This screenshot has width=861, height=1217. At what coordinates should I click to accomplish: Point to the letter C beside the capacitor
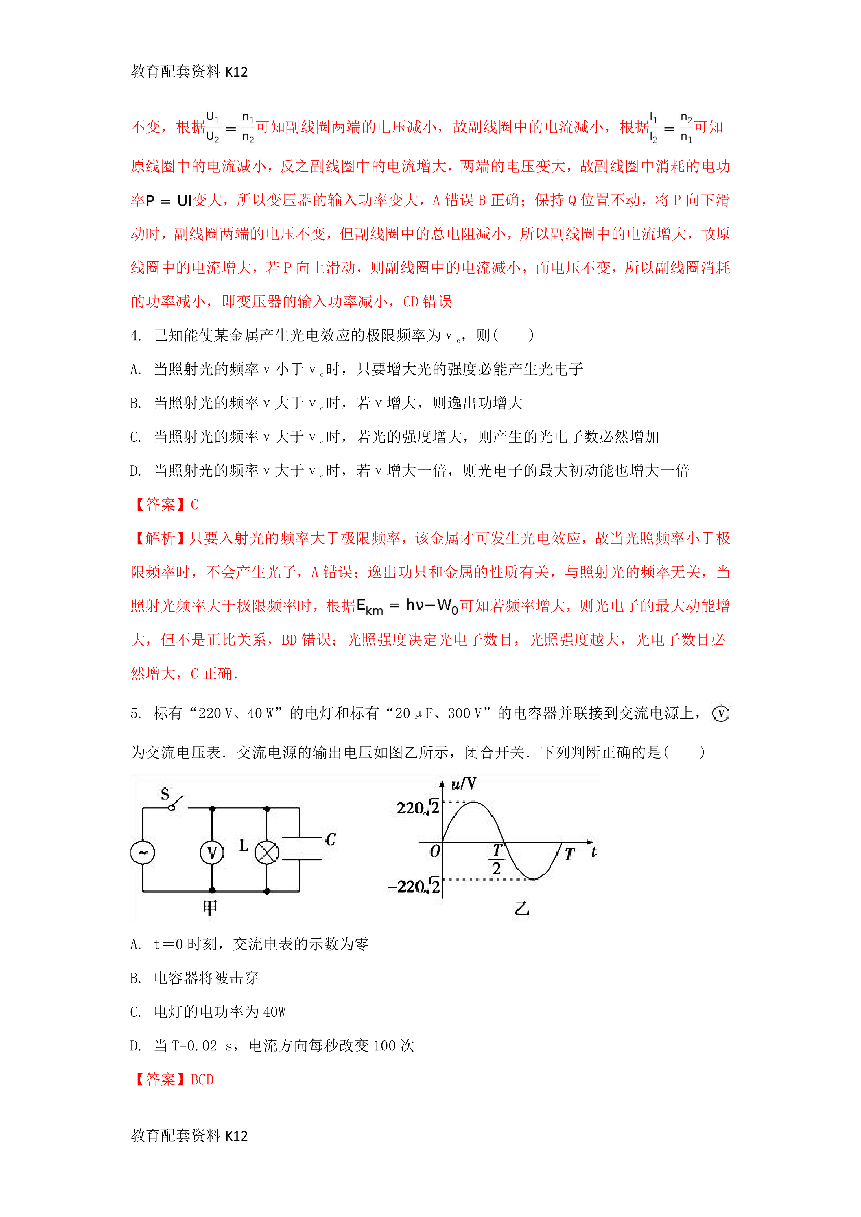click(330, 839)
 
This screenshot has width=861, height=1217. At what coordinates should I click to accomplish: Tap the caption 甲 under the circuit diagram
click(210, 909)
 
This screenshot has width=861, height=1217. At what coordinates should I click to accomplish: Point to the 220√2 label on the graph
click(418, 808)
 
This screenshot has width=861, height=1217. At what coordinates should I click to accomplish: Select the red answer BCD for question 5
click(202, 1080)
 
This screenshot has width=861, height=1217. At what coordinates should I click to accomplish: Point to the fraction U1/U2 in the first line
click(213, 127)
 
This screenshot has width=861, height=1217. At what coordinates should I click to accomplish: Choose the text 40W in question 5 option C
click(274, 1012)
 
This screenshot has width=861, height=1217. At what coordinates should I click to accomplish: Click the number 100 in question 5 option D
click(384, 1046)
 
